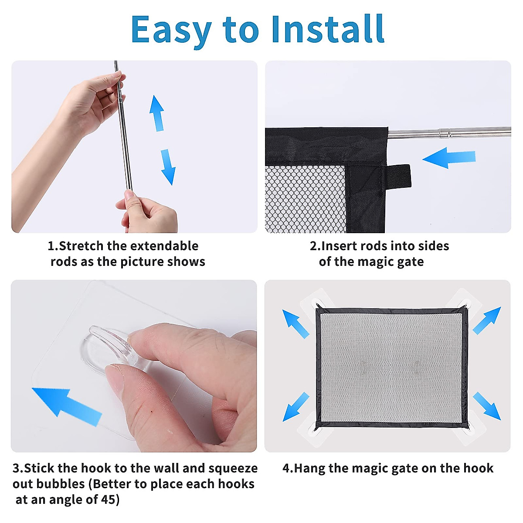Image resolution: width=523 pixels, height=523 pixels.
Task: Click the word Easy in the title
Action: click(171, 31)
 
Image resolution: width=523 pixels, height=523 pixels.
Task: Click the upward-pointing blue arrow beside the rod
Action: click(157, 113)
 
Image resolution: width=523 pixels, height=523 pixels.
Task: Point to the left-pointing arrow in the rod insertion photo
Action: click(449, 158)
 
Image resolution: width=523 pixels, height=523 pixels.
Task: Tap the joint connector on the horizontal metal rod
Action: click(445, 134)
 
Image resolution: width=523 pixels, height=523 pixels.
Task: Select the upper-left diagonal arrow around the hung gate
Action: click(295, 324)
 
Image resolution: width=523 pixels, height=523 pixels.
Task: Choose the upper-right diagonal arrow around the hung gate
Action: click(487, 320)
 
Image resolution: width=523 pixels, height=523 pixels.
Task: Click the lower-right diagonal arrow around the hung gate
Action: click(487, 406)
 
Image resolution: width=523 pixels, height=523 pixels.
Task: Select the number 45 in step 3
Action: click(108, 499)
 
